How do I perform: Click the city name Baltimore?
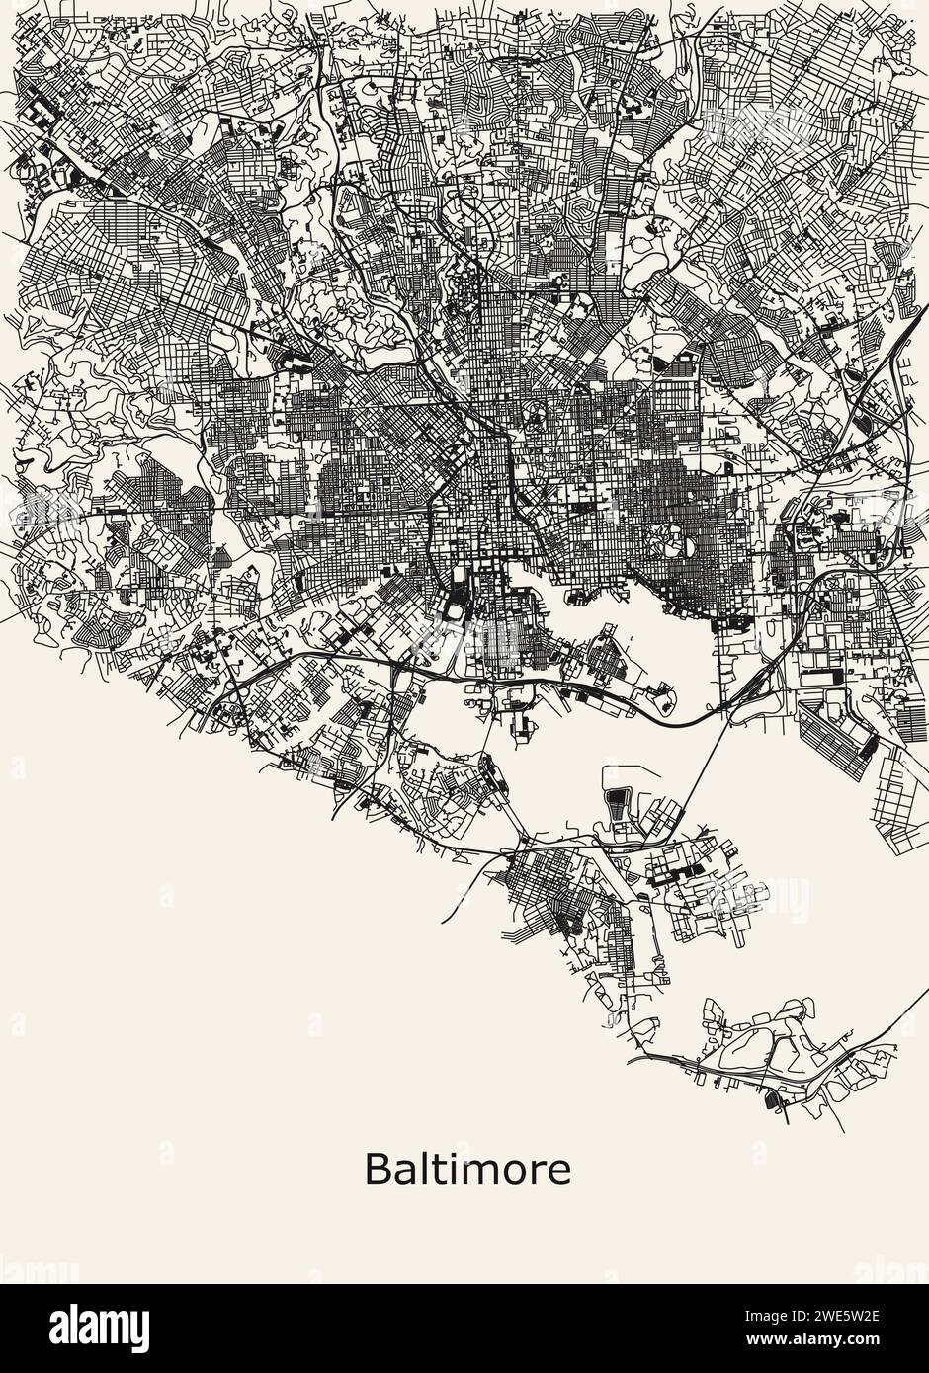(467, 1170)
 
